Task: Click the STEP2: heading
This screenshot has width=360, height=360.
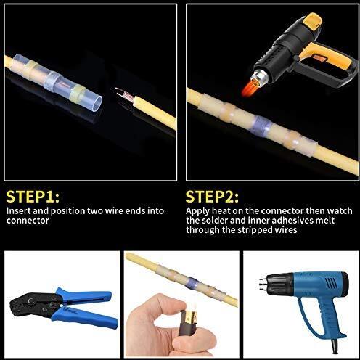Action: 215,196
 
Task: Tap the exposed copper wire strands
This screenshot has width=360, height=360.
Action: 123,92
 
